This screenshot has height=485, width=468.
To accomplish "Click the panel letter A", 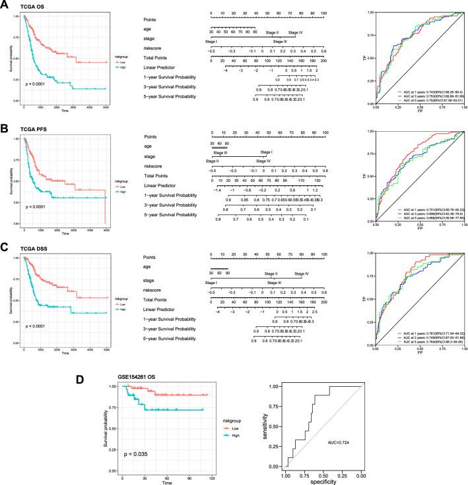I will point(5,5).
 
